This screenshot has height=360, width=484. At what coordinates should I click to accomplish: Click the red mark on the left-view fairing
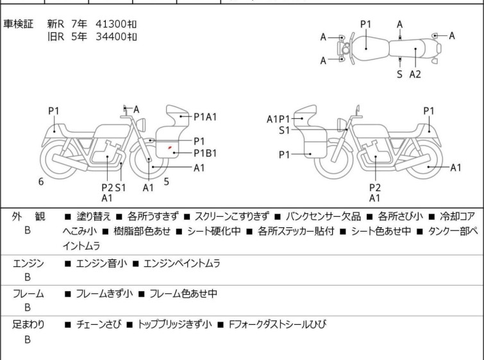pos(169,148)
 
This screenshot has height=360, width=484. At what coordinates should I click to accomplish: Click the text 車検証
pos(18,24)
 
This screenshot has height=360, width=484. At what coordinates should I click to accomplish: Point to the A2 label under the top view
pos(415,74)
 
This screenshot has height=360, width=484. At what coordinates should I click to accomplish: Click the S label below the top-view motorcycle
pos(400,74)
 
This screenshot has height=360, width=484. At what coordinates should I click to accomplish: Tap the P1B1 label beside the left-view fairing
pos(205,153)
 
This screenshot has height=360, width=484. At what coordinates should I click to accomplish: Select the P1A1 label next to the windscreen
pos(205,117)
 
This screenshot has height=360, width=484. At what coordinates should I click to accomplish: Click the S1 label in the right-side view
pos(284,130)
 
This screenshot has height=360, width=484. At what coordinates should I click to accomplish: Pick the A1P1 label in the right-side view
pos(278,119)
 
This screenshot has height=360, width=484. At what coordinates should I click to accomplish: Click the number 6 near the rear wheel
pos(41,182)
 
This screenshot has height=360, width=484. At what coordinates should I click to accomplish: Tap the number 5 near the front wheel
pos(167,182)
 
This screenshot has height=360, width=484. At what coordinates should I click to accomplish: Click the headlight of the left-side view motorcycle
pos(141,124)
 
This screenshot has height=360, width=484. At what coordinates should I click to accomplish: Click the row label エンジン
pos(28,264)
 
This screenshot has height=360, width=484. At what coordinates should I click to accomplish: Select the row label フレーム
pos(28,293)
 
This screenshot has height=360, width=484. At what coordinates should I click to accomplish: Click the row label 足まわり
pos(28,324)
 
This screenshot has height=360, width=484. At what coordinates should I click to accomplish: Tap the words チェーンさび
pos(99,324)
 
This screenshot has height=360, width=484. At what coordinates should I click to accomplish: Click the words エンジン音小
pos(101,264)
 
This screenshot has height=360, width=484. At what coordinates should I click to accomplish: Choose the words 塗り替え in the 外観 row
pos(94,217)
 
